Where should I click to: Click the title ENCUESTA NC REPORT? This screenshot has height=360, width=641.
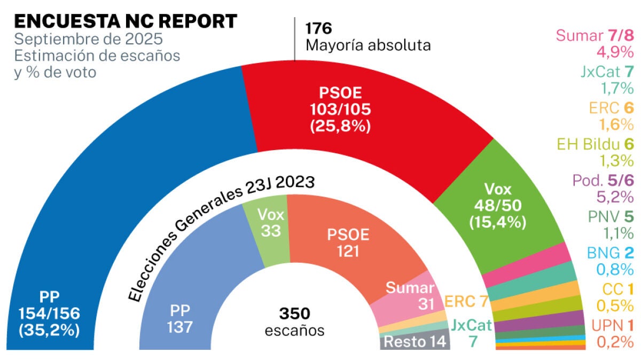pos(125,21)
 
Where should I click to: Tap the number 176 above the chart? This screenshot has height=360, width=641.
pos(318,27)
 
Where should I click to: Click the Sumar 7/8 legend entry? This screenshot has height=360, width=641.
pos(595,36)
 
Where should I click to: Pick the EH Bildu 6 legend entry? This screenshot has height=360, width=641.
pos(595,144)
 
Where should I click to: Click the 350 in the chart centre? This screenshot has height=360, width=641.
pos(294,313)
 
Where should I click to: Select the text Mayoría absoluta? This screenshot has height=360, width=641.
pos(368,45)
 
